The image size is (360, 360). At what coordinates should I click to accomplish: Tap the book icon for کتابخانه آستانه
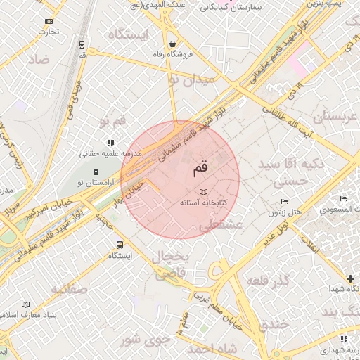coord(204,192)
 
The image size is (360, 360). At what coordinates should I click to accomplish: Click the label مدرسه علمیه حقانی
coord(114,153)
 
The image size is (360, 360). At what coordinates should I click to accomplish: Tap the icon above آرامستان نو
coord(96,172)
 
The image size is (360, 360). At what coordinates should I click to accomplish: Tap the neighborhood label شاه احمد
coord(210,349)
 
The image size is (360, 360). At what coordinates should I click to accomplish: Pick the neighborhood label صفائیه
coord(68,288)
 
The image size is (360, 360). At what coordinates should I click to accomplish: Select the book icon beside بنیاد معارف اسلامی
coord(26,304)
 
